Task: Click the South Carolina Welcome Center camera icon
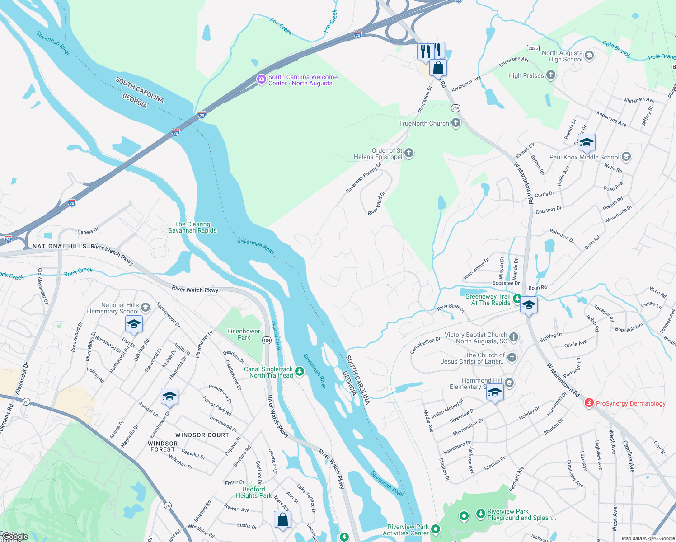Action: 261,79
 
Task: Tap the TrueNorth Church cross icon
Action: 456,123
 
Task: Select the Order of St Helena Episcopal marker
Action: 409,153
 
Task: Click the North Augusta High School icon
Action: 589,56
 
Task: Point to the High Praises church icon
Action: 550,75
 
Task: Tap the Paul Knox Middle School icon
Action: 626,157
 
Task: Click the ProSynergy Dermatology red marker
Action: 589,403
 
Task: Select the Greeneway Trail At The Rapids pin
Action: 516,299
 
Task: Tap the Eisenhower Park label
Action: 244,334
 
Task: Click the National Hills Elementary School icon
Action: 145,308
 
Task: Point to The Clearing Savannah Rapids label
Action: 192,227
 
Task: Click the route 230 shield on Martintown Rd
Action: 455,108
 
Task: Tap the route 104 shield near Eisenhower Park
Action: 267,340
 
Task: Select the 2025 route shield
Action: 533,48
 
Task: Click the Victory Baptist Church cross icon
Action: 514,337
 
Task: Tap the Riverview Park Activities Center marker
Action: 435,529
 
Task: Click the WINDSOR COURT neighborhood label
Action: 202,435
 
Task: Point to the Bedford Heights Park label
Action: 254,492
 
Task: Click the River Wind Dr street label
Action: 376,204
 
